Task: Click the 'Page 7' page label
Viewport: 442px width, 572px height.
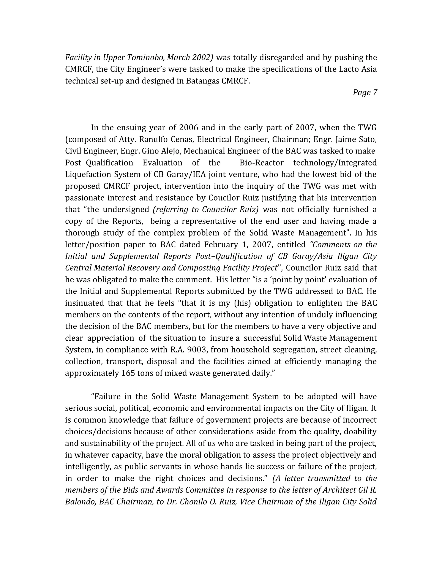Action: click(x=365, y=92)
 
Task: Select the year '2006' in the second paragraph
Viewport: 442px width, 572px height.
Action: click(x=189, y=128)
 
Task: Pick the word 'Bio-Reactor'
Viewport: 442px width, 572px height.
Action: click(x=261, y=163)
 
